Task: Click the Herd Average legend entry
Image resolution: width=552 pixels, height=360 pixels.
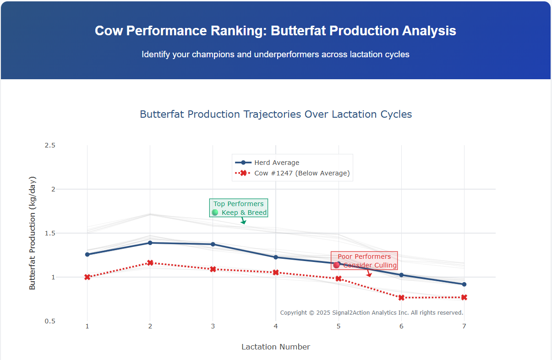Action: click(276, 163)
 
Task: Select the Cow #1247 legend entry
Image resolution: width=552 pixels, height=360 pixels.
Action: click(301, 173)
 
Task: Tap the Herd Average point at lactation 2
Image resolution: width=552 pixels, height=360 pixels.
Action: click(150, 243)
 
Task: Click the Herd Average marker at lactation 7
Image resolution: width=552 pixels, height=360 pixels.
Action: click(464, 284)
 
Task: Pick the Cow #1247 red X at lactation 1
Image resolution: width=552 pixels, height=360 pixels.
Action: click(87, 277)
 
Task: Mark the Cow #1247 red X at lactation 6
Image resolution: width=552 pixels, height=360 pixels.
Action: click(401, 298)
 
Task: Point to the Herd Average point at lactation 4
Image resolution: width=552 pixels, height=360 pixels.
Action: click(276, 257)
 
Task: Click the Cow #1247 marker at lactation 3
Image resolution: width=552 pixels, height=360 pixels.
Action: click(213, 269)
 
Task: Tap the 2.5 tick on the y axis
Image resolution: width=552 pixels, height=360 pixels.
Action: click(50, 145)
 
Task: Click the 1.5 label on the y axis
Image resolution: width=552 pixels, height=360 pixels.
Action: click(50, 233)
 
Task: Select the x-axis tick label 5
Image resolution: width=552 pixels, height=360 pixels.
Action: click(339, 326)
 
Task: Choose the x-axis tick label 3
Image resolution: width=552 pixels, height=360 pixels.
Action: click(213, 326)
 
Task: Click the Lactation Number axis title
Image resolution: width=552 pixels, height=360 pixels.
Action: click(276, 347)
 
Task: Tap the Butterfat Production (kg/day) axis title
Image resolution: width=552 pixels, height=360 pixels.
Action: click(32, 233)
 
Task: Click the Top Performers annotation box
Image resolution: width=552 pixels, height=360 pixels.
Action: click(239, 208)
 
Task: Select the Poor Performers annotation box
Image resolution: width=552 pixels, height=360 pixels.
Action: click(364, 261)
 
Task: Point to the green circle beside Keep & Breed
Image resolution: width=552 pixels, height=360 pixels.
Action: click(215, 213)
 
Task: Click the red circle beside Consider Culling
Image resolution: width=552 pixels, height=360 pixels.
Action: click(337, 265)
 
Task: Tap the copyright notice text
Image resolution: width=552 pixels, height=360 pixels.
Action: click(372, 313)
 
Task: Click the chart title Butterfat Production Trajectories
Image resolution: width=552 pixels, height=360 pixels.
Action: click(276, 114)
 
